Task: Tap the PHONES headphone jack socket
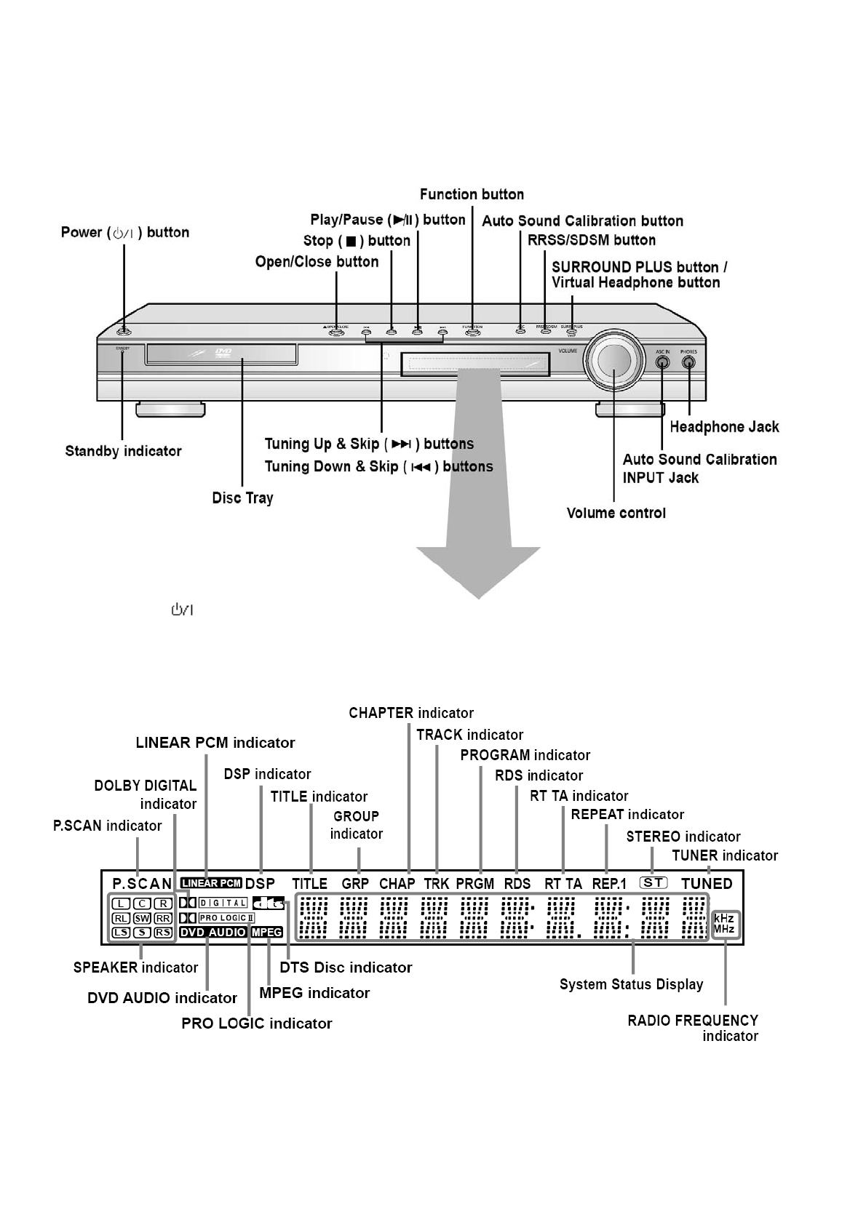click(x=688, y=362)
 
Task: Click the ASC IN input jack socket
click(x=662, y=362)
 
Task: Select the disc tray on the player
click(x=221, y=356)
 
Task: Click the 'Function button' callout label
click(x=472, y=194)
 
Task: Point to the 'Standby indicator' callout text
click(x=123, y=451)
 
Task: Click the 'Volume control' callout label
click(x=616, y=513)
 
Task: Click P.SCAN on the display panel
click(x=142, y=884)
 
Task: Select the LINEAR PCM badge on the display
click(x=211, y=883)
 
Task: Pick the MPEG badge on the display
click(x=267, y=932)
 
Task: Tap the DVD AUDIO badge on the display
click(x=213, y=932)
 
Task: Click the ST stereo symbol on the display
click(x=654, y=882)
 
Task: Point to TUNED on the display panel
click(x=707, y=884)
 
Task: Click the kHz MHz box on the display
click(x=723, y=924)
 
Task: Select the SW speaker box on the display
click(x=142, y=918)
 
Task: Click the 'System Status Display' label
click(x=631, y=984)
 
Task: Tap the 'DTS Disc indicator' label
click(x=346, y=967)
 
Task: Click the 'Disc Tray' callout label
click(x=242, y=498)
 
